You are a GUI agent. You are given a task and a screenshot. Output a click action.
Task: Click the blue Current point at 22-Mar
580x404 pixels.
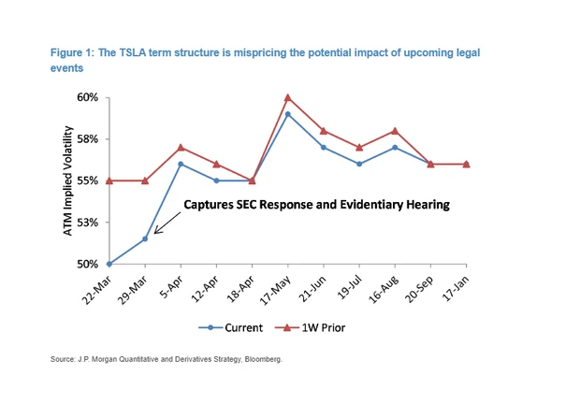coord(109,264)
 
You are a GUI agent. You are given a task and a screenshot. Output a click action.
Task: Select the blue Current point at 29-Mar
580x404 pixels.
coord(145,238)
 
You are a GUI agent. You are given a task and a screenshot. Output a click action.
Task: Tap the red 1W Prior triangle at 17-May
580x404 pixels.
coord(287,97)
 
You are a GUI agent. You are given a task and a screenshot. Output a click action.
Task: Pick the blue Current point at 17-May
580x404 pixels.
coord(287,114)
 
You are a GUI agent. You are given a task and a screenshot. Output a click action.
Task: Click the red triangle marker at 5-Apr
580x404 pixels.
coord(181,147)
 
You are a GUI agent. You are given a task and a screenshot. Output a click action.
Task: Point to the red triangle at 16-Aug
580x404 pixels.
coord(395,131)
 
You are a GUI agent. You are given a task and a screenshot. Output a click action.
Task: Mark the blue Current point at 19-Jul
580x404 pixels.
coord(359,164)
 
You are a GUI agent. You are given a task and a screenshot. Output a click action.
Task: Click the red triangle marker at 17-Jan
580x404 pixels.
coord(466,164)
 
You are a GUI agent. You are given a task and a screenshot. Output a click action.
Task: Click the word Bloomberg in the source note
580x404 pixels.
coord(259,359)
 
